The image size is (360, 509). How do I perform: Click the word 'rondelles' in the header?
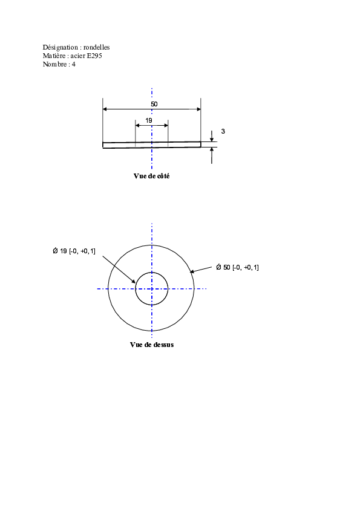(96, 47)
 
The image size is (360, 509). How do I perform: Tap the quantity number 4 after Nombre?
(73, 64)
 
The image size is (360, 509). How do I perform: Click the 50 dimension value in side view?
(154, 104)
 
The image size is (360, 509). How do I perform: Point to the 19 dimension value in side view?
(149, 120)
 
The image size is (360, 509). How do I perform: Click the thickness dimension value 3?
(223, 131)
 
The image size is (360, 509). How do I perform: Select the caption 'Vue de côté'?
(151, 176)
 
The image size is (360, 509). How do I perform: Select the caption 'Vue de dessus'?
(152, 345)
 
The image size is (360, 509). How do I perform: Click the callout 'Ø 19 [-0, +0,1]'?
(74, 251)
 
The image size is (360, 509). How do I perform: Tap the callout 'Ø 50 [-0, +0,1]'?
(238, 267)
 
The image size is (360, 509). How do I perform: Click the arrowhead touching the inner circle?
(133, 281)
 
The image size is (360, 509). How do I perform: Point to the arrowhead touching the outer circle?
(192, 271)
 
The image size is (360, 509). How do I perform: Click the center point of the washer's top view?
(152, 288)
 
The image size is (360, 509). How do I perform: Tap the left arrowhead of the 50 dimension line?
(105, 109)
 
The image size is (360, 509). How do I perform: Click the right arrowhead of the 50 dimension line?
(198, 109)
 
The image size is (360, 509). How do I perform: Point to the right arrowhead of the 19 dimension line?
(166, 126)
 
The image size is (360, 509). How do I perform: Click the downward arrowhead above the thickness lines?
(212, 140)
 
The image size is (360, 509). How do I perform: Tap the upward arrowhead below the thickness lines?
(212, 150)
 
